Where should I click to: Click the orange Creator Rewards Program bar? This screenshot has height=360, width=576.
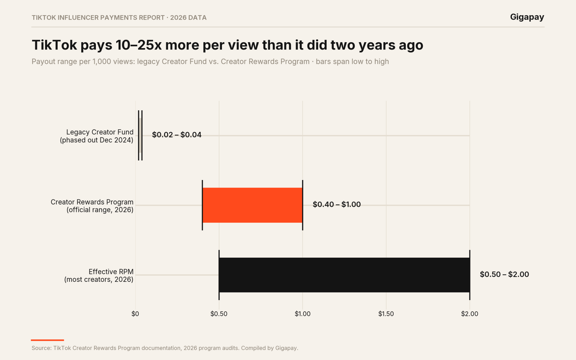click(252, 205)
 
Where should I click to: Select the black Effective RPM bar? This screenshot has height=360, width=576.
click(344, 275)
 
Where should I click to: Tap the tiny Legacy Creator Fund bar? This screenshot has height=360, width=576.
click(140, 135)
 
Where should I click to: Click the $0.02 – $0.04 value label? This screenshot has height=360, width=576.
click(177, 135)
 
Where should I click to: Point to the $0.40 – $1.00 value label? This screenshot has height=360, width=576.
click(337, 204)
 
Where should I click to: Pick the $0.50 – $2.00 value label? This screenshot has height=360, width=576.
click(504, 274)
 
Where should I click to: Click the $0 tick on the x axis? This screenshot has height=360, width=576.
click(135, 314)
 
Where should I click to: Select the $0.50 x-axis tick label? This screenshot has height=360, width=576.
click(219, 314)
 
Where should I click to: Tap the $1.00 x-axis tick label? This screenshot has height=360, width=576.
click(303, 314)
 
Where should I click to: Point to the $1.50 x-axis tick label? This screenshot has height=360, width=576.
click(386, 314)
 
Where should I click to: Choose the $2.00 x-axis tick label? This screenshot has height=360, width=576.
click(470, 314)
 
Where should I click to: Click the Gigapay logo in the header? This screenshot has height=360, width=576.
click(527, 17)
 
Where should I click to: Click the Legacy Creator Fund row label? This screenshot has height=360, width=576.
click(97, 136)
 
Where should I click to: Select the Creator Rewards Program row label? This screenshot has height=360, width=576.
click(92, 206)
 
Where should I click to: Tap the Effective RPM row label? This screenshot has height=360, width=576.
click(99, 275)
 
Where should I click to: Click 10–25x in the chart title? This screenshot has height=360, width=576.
click(138, 45)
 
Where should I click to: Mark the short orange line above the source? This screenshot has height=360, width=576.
click(48, 340)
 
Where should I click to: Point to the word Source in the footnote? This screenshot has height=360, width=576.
click(41, 348)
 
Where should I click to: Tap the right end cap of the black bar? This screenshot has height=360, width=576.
click(470, 275)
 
